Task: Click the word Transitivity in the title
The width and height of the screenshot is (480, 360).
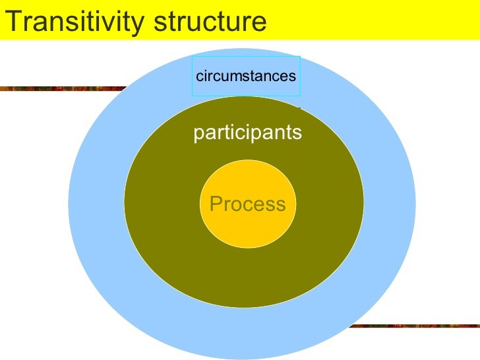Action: pos(75,22)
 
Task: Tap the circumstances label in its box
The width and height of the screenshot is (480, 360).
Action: pos(246,76)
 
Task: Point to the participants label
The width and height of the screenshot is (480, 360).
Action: pos(247,133)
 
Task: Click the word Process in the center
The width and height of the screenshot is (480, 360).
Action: pos(247,204)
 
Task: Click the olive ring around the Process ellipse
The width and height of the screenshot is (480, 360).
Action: pos(165,218)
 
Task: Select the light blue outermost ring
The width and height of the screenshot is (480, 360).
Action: pos(99,218)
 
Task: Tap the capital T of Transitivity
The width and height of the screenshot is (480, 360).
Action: pos(11,22)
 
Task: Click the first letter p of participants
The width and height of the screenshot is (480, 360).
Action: pos(198,135)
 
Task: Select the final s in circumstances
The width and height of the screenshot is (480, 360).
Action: pos(293,76)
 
